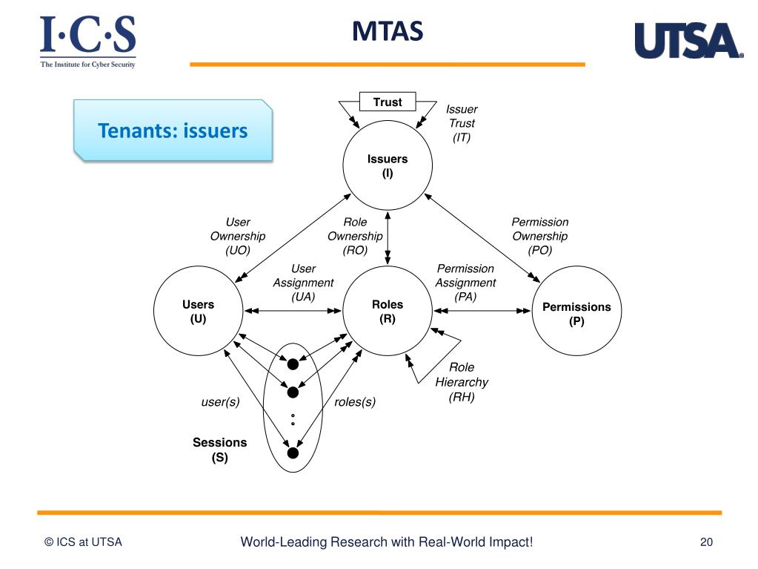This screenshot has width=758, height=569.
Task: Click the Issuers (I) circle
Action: pyautogui.click(x=388, y=166)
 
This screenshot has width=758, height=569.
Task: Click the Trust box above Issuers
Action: pyautogui.click(x=388, y=102)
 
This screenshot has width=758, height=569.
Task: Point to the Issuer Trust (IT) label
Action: pyautogui.click(x=462, y=123)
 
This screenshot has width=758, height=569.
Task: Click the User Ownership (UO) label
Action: pyautogui.click(x=237, y=236)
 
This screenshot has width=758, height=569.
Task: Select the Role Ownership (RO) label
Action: pyautogui.click(x=355, y=236)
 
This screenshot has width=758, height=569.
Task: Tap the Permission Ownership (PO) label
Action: pyautogui.click(x=539, y=236)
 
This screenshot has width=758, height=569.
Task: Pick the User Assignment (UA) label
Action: pyautogui.click(x=303, y=282)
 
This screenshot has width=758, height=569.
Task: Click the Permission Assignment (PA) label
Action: pyautogui.click(x=465, y=282)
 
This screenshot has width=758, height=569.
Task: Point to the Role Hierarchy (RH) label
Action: pyautogui.click(x=462, y=382)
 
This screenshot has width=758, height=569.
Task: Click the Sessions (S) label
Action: pyautogui.click(x=219, y=450)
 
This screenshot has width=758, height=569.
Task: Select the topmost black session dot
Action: pyautogui.click(x=293, y=364)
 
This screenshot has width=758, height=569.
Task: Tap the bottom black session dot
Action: pyautogui.click(x=293, y=453)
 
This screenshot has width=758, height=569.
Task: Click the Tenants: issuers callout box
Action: pyautogui.click(x=173, y=131)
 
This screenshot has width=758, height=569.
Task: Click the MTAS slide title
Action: pyautogui.click(x=387, y=32)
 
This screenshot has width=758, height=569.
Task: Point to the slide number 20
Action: pyautogui.click(x=705, y=542)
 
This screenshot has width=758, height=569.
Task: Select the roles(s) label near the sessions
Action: pyautogui.click(x=355, y=402)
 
